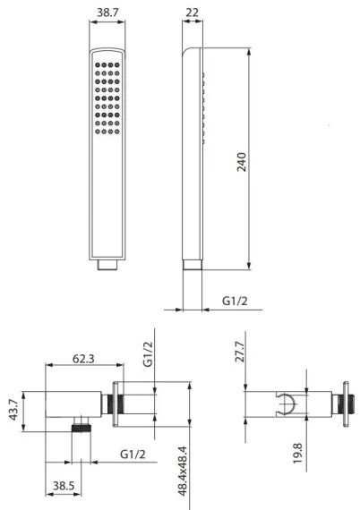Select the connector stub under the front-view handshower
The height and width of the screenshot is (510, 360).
tap(107, 267)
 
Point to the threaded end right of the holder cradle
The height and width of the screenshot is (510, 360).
tap(343, 402)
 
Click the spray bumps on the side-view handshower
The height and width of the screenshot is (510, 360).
tap(206, 103)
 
